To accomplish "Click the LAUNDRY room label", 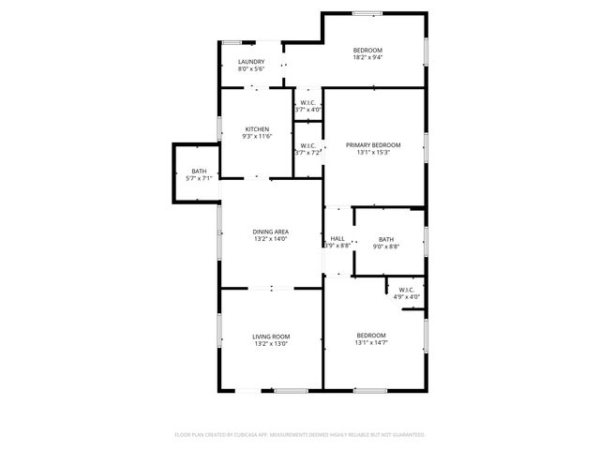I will tap(250, 62).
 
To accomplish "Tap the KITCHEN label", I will tap(258, 129).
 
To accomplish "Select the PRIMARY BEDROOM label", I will tap(373, 144).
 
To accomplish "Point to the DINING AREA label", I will tap(270, 232).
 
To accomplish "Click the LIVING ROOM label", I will tap(270, 337).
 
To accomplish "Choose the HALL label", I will tap(337, 239).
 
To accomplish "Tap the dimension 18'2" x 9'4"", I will tap(367, 57).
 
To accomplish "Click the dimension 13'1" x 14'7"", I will tap(371, 343).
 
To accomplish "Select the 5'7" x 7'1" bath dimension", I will tap(199, 178).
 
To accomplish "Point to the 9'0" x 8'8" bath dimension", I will tap(386, 247).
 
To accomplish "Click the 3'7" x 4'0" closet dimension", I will tap(308, 110).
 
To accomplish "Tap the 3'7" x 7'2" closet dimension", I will tap(308, 152).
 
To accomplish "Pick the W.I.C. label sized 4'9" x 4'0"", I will tap(406, 290).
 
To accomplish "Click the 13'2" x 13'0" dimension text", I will tap(270, 344).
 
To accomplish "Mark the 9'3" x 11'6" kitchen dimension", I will tap(258, 137).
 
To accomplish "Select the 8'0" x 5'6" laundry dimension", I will tap(250, 69).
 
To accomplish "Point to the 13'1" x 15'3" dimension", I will tap(373, 152).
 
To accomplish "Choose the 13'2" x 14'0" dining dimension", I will tap(270, 239).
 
